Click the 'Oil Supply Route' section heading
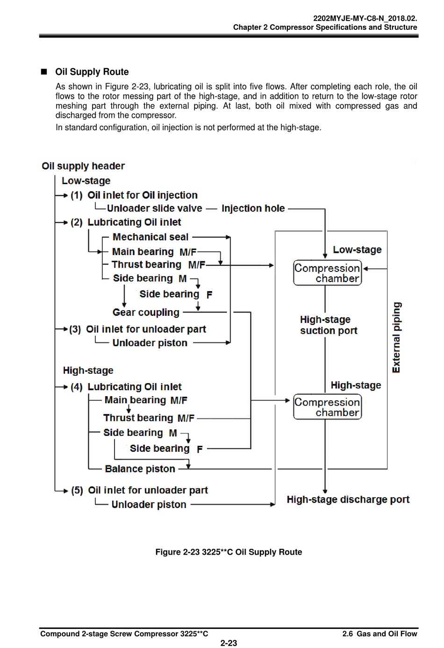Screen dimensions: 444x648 (92, 72)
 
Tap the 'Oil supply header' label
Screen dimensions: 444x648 (83, 166)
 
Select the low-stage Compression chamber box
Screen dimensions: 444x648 (327, 273)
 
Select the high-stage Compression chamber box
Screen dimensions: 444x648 (327, 407)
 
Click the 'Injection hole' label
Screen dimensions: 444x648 (253, 208)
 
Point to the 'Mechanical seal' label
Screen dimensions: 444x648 (150, 237)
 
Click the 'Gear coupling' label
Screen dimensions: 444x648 (146, 313)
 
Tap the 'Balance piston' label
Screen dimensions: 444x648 (140, 469)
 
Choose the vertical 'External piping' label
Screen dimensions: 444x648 (396, 337)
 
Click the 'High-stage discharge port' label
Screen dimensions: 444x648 (348, 499)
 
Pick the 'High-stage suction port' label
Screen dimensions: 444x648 (329, 325)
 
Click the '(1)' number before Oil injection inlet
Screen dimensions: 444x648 (77, 195)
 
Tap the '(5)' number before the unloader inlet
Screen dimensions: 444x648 (77, 491)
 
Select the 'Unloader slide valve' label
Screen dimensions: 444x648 (155, 208)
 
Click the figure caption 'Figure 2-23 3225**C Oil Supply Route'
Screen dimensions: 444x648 (229, 552)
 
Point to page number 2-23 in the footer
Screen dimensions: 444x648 (229, 643)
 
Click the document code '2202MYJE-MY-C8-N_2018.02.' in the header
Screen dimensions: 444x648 (365, 19)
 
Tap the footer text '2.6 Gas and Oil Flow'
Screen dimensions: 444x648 (380, 634)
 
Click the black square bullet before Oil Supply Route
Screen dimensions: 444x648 (44, 71)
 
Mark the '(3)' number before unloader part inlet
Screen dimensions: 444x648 (75, 329)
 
